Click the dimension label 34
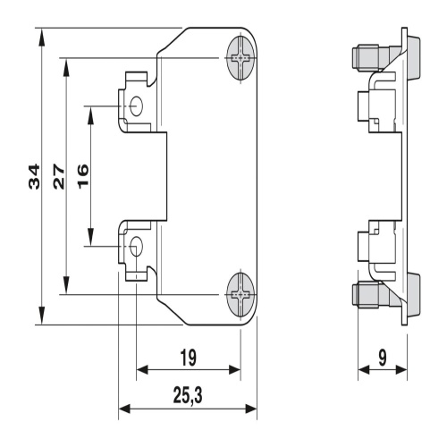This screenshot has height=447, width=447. tap(34, 176)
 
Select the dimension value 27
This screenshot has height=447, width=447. tap(59, 176)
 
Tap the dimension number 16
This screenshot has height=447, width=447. tap(83, 176)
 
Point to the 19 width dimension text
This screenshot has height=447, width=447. tap(189, 358)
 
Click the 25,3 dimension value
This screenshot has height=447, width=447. tap(188, 396)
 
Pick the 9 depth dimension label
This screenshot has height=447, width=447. tap(383, 358)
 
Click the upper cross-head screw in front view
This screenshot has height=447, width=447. tap(241, 58)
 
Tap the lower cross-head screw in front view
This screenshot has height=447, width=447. tap(241, 295)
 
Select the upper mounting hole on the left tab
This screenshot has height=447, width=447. tap(137, 106)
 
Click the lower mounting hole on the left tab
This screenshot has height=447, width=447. tap(137, 247)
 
